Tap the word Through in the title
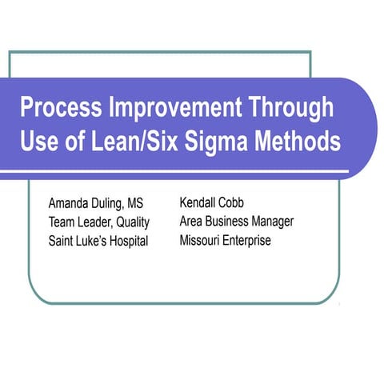[x=289, y=109]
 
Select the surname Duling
[x=116, y=203]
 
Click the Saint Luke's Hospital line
[x=98, y=242]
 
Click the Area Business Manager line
[x=237, y=221]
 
